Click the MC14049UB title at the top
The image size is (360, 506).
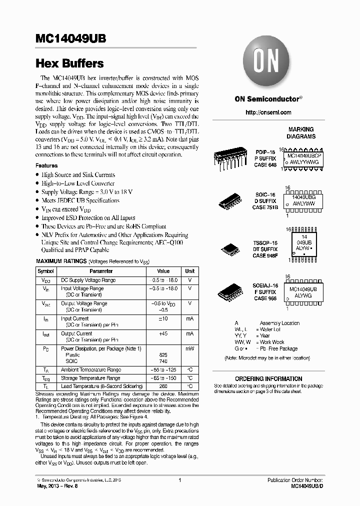pyautogui.click(x=70, y=40)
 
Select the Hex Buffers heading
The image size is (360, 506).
pyautogui.click(x=69, y=64)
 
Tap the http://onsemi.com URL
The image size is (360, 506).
pyautogui.click(x=268, y=112)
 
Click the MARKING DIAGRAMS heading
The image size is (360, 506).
pyautogui.click(x=300, y=132)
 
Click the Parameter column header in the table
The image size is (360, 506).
pyautogui.click(x=101, y=271)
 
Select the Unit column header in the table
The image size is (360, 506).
pyautogui.click(x=190, y=271)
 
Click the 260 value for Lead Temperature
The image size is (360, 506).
pyautogui.click(x=163, y=386)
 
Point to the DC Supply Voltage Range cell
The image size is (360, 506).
pyautogui.click(x=88, y=280)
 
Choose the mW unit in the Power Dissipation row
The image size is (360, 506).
pyautogui.click(x=190, y=348)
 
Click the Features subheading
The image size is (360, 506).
pyautogui.click(x=46, y=165)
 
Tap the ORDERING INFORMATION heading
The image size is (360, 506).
pyautogui.click(x=268, y=379)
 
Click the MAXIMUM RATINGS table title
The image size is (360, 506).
pyautogui.click(x=61, y=261)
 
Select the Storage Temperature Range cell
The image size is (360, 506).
pyautogui.click(x=90, y=378)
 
